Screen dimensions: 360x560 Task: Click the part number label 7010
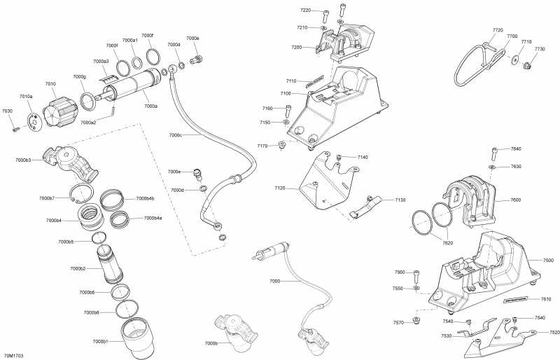[x=50, y=84]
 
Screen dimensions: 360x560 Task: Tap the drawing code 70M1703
[x=14, y=355]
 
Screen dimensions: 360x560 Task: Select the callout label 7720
[x=498, y=30]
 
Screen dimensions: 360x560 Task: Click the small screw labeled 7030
[x=16, y=128]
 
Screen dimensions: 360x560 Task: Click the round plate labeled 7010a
[x=34, y=121]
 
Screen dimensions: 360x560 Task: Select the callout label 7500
[x=548, y=260]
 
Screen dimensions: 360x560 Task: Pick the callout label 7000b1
[x=100, y=341]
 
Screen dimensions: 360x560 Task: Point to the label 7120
[x=280, y=188]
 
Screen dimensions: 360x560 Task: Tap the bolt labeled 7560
[x=416, y=274]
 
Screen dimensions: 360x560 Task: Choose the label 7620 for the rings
[x=447, y=242]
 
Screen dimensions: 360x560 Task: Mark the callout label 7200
[x=297, y=47]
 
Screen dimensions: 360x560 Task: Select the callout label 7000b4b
[x=145, y=198]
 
